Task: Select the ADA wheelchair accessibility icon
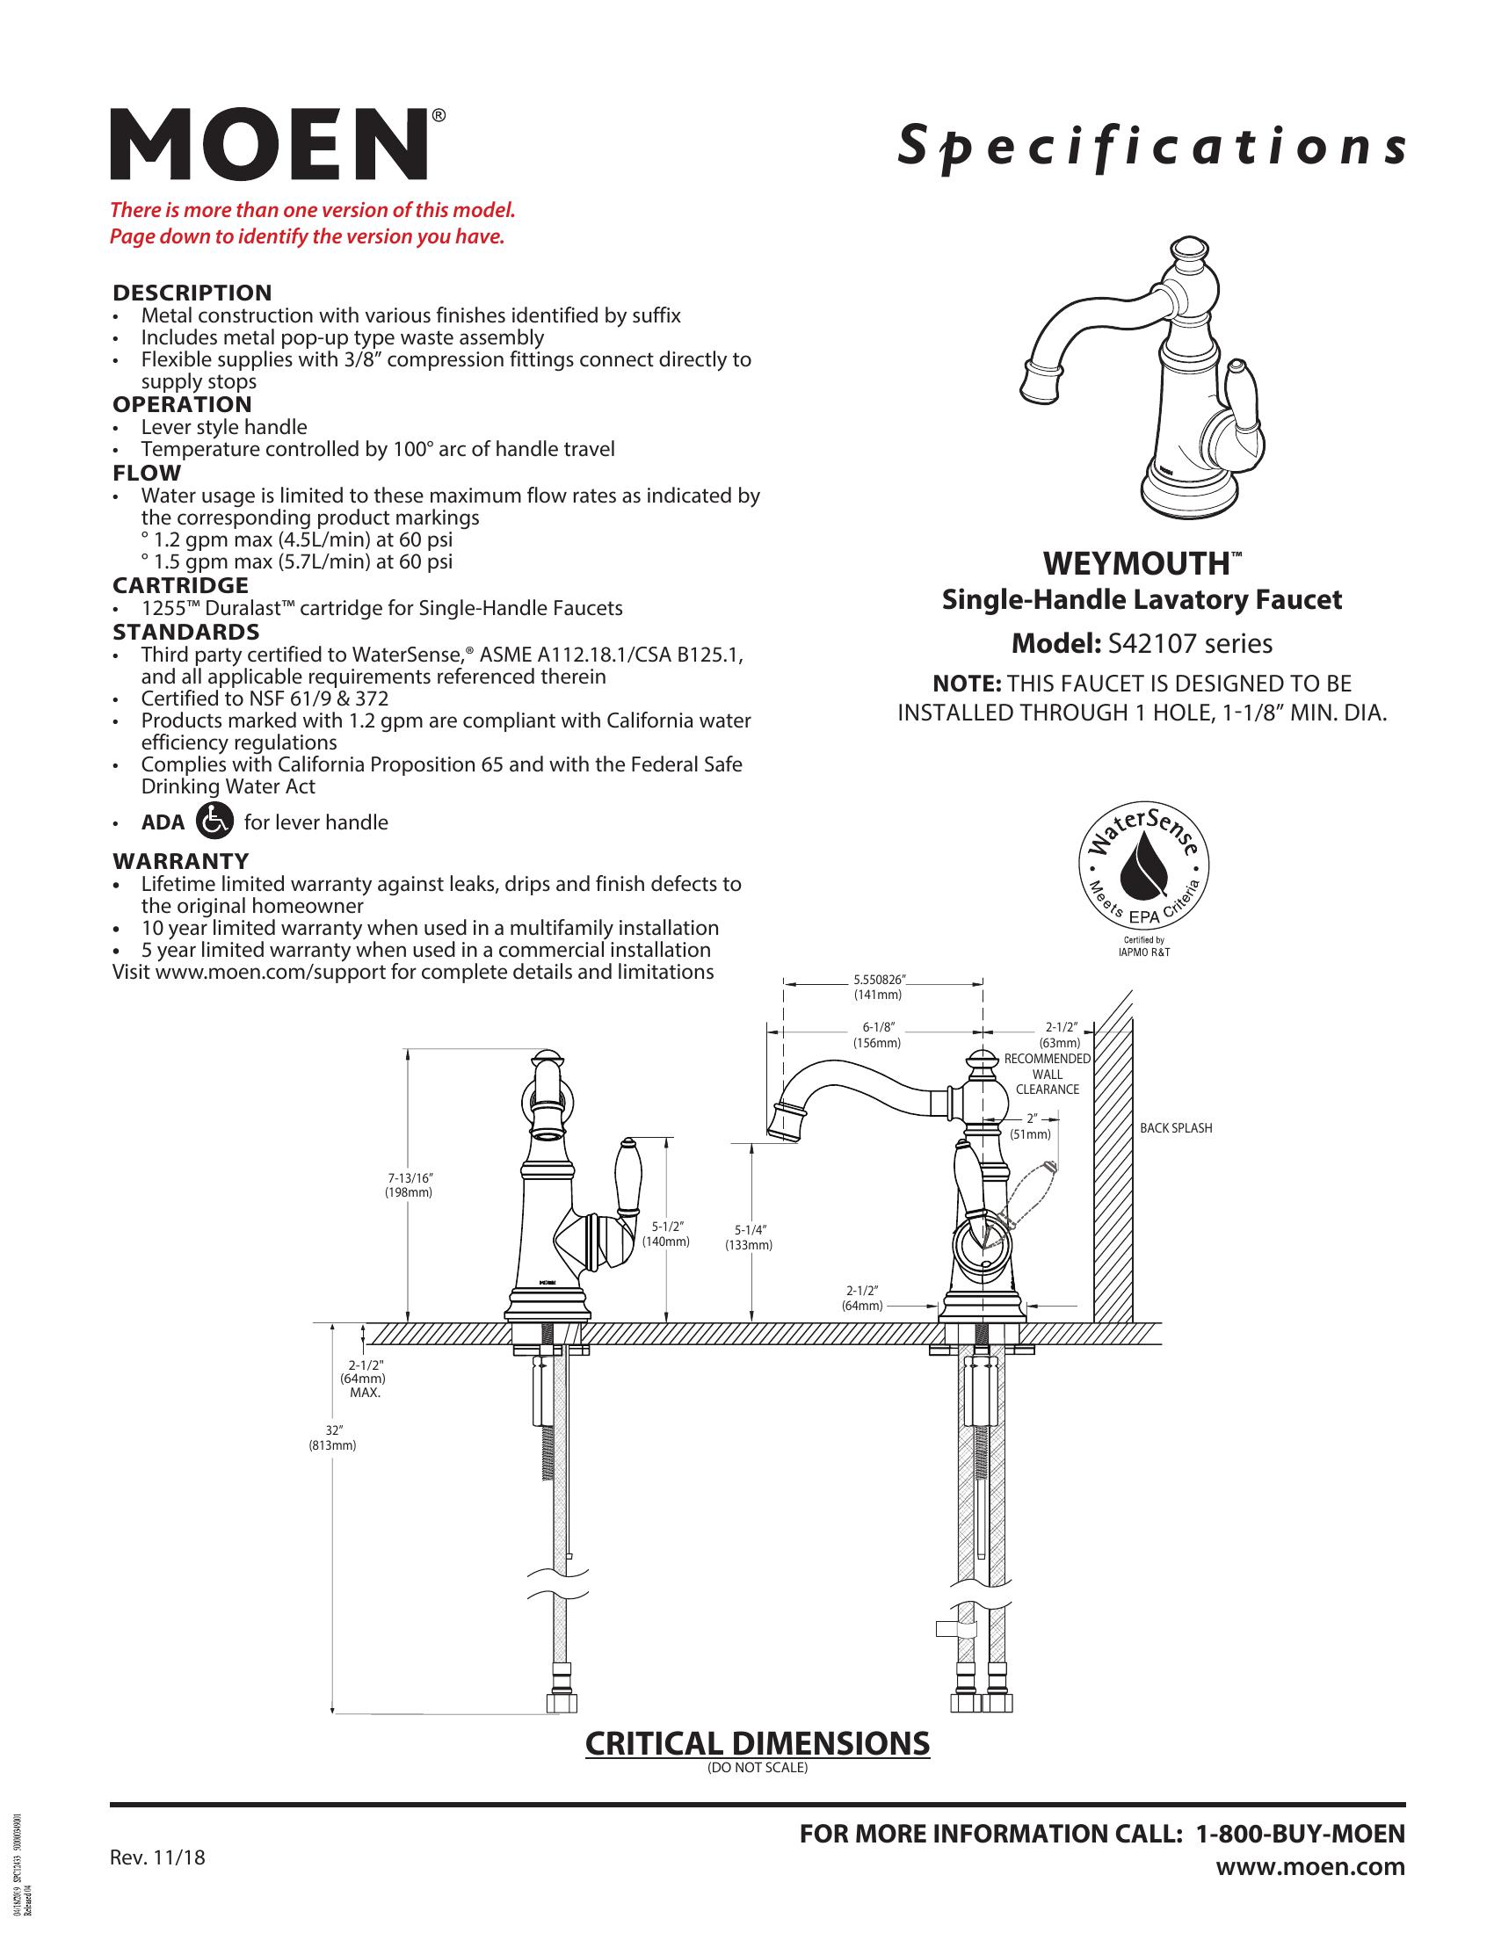(x=215, y=821)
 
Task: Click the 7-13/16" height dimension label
(x=409, y=1184)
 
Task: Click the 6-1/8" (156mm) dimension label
(x=877, y=1035)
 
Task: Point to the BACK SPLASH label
(x=1175, y=1128)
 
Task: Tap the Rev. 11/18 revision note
(x=156, y=1857)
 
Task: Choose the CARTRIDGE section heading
(x=179, y=585)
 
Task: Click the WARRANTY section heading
(x=180, y=860)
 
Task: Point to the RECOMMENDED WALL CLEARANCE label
(x=1048, y=1074)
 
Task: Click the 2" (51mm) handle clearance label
(x=1031, y=1126)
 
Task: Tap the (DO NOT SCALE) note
(x=758, y=1768)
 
